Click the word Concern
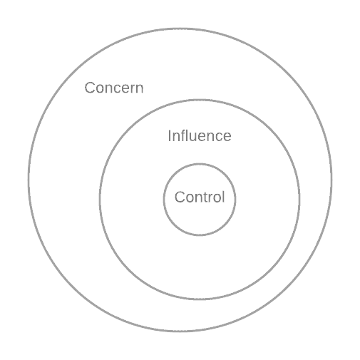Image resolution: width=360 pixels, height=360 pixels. click(114, 88)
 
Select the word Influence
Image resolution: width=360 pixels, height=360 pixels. click(200, 135)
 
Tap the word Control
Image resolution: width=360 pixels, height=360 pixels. click(200, 197)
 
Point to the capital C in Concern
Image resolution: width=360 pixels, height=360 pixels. click(90, 88)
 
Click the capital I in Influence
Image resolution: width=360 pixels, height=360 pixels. click(170, 135)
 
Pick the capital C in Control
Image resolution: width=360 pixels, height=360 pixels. click(180, 197)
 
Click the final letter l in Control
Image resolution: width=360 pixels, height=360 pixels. click(223, 197)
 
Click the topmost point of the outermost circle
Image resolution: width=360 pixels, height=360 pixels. click(180, 29)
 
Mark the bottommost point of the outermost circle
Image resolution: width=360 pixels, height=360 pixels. click(180, 331)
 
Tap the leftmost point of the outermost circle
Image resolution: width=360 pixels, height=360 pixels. click(29, 180)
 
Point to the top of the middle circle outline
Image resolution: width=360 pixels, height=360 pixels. click(200, 100)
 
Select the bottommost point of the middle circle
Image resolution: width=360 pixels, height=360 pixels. click(200, 299)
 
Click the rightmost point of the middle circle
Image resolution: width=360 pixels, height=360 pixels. click(299, 200)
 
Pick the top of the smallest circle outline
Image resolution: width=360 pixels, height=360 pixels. click(200, 164)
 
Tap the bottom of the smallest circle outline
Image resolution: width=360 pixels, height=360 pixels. click(200, 235)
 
